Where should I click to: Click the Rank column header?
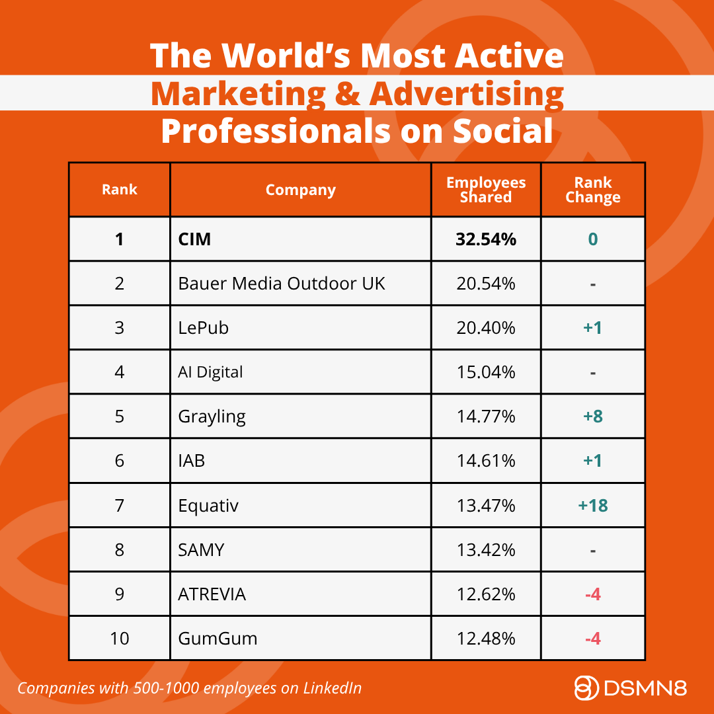(x=119, y=190)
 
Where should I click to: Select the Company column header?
(x=301, y=190)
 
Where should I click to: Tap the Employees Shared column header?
(x=486, y=190)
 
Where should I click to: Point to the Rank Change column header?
(x=593, y=190)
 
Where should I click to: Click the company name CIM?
(x=194, y=239)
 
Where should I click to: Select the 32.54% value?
(x=486, y=239)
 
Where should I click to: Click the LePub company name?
(x=203, y=328)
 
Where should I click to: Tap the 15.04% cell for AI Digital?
(x=486, y=372)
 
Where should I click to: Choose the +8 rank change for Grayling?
(x=593, y=416)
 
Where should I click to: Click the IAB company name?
(x=191, y=461)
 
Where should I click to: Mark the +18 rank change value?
(x=593, y=506)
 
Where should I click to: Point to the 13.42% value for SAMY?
(x=486, y=549)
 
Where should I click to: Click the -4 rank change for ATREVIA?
(x=593, y=594)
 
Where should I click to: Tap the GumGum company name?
(x=218, y=639)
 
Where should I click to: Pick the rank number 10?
(x=119, y=639)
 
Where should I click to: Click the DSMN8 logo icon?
(x=586, y=688)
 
